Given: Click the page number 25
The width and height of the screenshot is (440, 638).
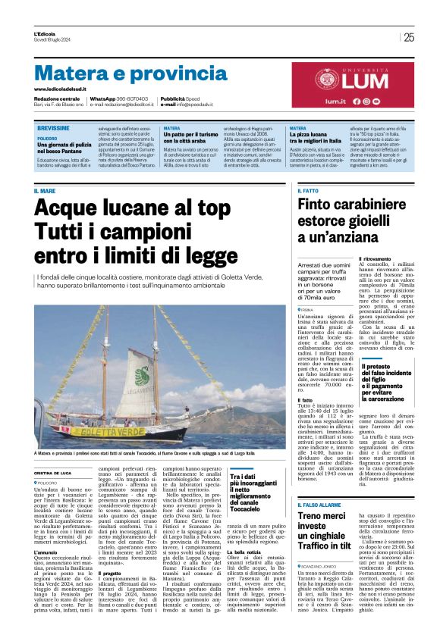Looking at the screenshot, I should click(409, 37).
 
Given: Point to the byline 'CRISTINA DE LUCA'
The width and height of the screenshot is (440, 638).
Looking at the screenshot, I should click(56, 471).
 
